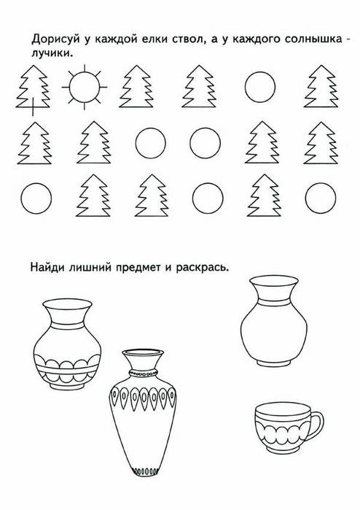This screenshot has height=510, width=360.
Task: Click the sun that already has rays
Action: pyautogui.click(x=85, y=87)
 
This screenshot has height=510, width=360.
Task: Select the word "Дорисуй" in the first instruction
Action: pyautogui.click(x=55, y=39)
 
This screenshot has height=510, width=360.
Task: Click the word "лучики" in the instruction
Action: pyautogui.click(x=50, y=53)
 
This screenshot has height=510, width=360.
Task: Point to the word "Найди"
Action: pyautogui.click(x=47, y=267)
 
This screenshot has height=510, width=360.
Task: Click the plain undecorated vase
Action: pyautogui.click(x=274, y=321)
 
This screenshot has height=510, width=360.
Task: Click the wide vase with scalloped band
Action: pyautogui.click(x=67, y=344)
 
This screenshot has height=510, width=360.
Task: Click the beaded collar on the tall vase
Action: pyautogui.click(x=143, y=373)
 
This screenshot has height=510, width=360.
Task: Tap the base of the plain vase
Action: pyautogui.click(x=274, y=363)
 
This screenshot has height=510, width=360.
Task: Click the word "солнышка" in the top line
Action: pyautogui.click(x=314, y=39)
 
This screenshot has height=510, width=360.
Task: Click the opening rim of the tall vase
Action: pyautogui.click(x=143, y=352)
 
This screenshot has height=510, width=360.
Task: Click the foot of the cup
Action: pyautogui.click(x=284, y=450)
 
